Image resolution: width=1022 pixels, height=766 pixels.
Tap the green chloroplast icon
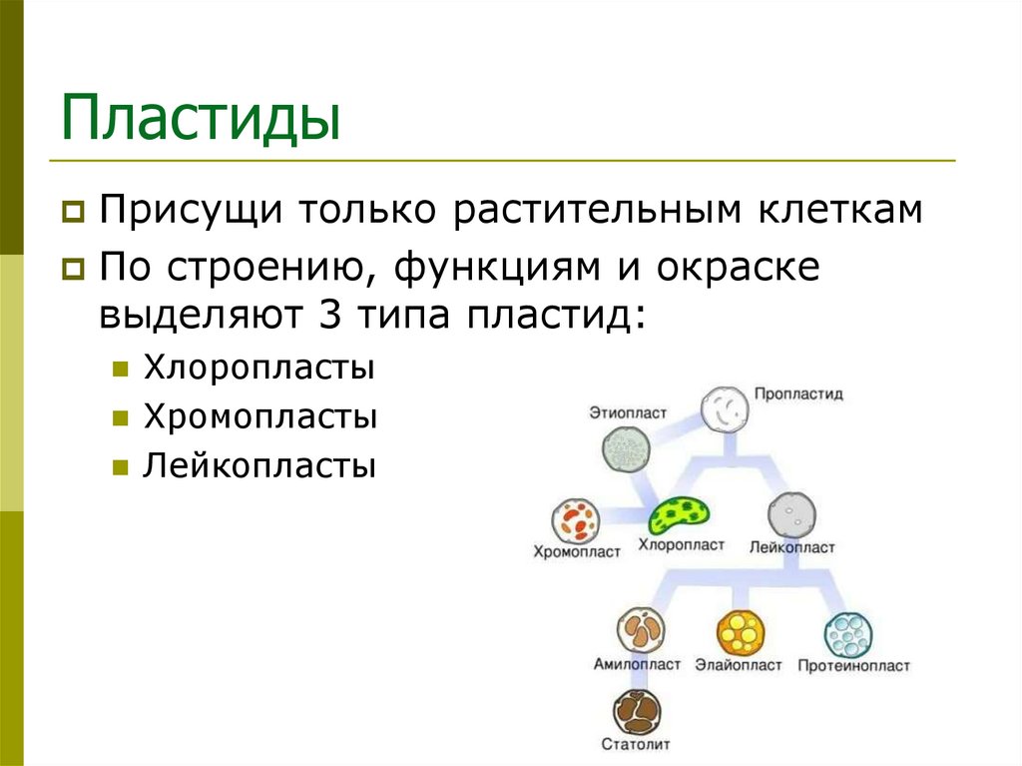679,515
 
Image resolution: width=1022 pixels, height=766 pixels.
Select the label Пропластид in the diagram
798,393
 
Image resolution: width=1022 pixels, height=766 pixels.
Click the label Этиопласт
627,411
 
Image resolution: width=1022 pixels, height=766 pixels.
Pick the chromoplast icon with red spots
576,521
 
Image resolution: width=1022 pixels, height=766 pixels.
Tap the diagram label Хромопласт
577,551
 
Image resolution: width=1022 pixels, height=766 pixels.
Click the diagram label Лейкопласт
792,547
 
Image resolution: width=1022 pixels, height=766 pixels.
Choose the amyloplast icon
642,631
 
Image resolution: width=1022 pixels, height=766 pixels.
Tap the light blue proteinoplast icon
848,633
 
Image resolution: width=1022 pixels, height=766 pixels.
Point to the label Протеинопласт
853,665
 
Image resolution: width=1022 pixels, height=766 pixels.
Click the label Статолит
636,744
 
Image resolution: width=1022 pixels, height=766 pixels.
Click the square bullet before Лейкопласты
120,466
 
